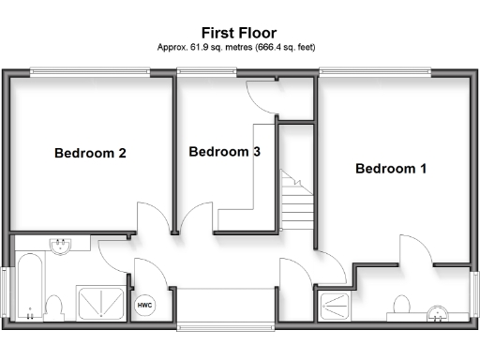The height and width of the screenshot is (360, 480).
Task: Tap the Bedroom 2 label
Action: [90, 153]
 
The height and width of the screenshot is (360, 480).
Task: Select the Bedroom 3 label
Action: [224, 151]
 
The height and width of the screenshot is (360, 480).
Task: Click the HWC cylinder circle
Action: [145, 306]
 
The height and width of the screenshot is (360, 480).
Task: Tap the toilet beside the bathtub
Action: [53, 307]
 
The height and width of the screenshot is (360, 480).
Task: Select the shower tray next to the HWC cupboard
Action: [101, 302]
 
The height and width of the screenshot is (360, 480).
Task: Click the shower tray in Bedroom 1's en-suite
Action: [333, 306]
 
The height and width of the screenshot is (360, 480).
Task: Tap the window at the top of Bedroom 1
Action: [375, 71]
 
